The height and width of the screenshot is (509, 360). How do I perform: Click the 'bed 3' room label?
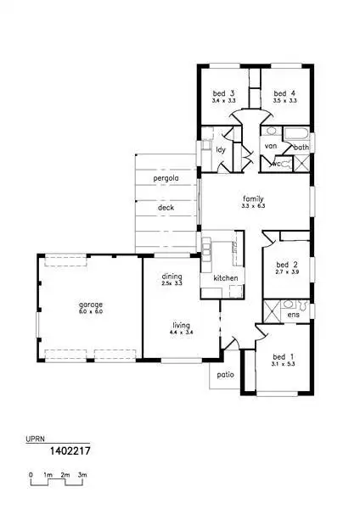(x=225, y=92)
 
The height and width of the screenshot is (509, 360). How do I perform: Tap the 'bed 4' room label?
(x=284, y=92)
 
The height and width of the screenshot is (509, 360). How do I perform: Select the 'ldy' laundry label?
(x=221, y=149)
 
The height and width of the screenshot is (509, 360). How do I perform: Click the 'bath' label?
(x=301, y=147)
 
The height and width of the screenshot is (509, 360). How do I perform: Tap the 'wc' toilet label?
(x=276, y=163)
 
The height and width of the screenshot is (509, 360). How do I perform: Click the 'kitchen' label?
(x=225, y=278)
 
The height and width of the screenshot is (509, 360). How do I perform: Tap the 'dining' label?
(x=173, y=276)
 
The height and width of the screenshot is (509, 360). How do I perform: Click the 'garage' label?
(x=91, y=304)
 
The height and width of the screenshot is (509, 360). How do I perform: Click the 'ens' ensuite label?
(x=294, y=315)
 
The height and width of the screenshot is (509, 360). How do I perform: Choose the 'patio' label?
(x=225, y=373)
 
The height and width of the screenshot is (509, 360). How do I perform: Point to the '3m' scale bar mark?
(x=82, y=474)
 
